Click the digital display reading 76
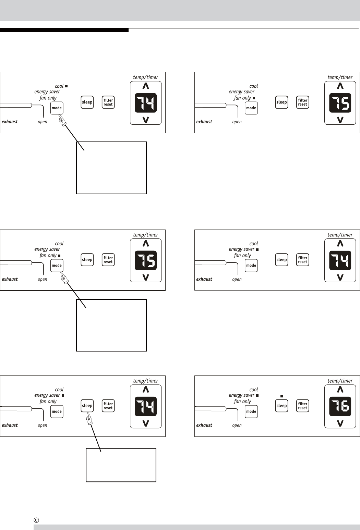click(340, 406)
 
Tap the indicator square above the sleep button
click(281, 396)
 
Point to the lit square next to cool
click(66, 86)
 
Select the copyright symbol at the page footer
click(37, 520)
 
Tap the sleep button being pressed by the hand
click(87, 406)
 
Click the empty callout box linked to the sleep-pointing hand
click(121, 465)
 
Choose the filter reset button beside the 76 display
click(302, 406)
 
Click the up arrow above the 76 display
click(340, 390)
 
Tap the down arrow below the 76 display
click(340, 423)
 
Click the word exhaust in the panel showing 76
click(204, 425)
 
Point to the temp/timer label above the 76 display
click(340, 381)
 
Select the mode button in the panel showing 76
click(251, 411)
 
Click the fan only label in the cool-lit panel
click(48, 98)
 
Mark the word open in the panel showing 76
click(237, 426)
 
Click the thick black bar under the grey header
click(64, 30)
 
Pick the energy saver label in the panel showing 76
click(241, 395)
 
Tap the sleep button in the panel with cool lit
click(87, 102)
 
